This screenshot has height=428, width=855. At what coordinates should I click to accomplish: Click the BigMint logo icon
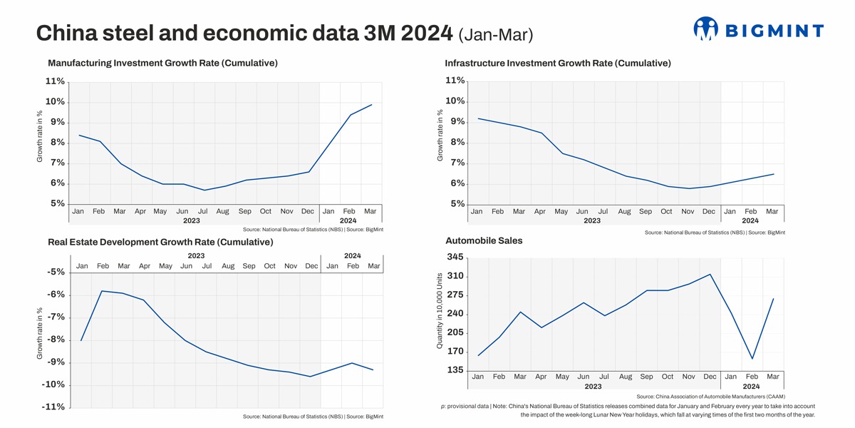[705, 29]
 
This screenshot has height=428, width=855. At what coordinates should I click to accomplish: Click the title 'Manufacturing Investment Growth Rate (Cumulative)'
[162, 63]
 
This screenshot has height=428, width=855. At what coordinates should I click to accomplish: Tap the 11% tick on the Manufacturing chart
[55, 81]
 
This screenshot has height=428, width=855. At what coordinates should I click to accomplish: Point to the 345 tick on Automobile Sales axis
[455, 257]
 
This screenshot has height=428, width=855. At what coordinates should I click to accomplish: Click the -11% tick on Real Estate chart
[55, 407]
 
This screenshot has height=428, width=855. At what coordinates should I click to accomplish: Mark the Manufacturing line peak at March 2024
[371, 105]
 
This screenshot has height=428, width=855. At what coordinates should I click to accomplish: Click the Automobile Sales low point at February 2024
[752, 359]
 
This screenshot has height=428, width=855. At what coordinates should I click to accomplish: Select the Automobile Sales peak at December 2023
[710, 274]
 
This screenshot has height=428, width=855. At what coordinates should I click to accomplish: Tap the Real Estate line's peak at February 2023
[103, 291]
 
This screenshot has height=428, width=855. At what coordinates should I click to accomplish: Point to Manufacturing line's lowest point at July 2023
[204, 190]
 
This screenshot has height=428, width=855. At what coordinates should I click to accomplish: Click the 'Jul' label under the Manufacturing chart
[202, 211]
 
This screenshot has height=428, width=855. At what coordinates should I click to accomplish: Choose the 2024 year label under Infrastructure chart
[750, 221]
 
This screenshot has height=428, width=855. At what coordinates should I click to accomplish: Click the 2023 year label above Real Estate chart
[196, 255]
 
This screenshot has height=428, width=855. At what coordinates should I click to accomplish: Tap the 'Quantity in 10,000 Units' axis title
[440, 311]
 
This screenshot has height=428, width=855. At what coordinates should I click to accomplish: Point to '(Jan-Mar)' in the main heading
[496, 34]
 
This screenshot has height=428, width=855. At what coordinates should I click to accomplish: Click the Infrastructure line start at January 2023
[477, 118]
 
